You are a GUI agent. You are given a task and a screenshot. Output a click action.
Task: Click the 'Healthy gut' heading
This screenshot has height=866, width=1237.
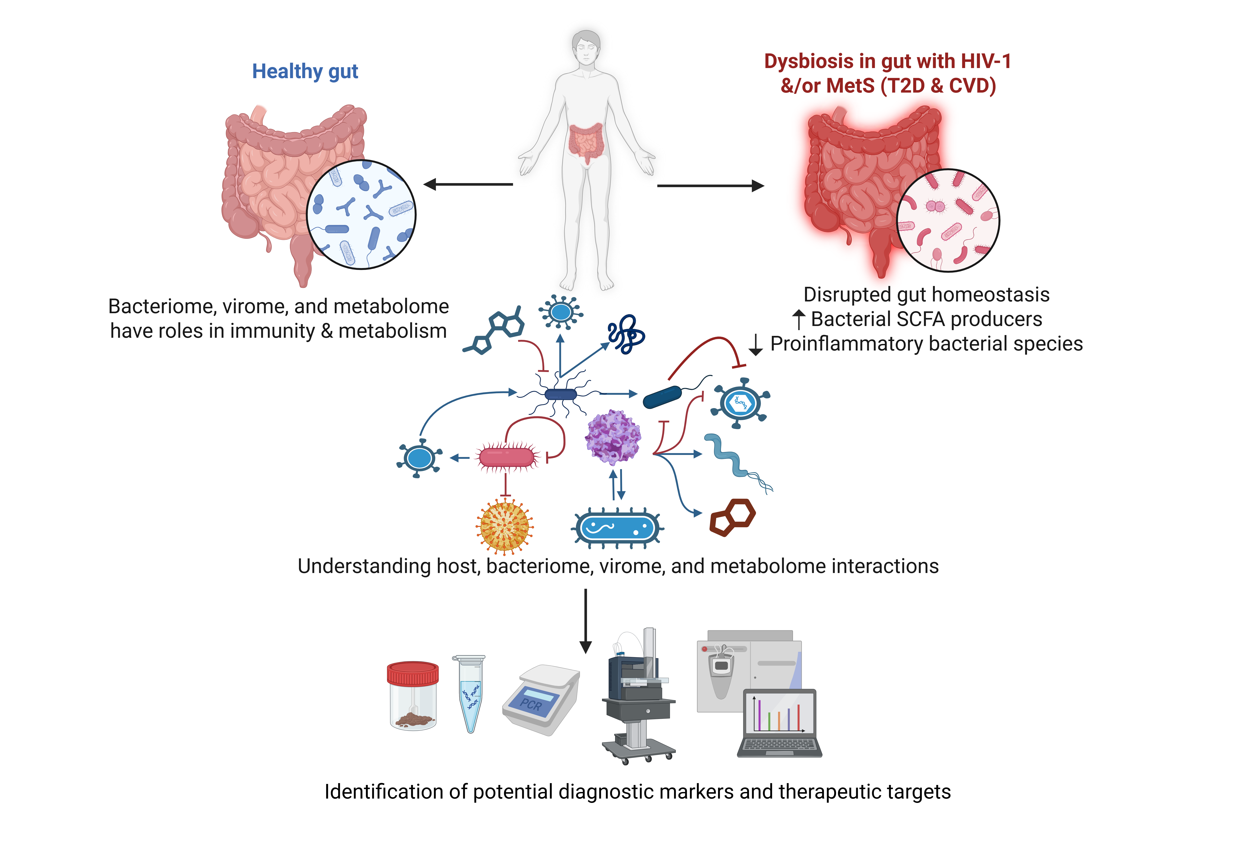coord(305,71)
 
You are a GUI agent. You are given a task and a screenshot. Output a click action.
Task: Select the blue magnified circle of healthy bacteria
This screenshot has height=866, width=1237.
coord(361,214)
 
